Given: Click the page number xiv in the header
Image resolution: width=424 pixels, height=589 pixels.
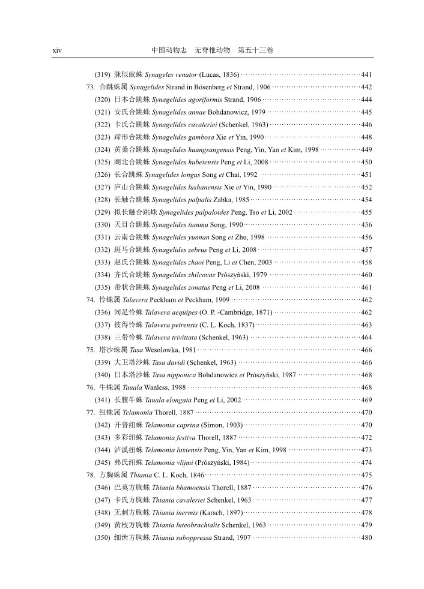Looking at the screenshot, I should (57, 50).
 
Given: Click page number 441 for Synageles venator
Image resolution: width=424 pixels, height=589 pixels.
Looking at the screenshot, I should (366, 74).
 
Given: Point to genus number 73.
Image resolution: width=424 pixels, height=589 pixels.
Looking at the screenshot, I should (91, 87).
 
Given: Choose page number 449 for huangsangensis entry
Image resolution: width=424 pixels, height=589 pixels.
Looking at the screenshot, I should (366, 149).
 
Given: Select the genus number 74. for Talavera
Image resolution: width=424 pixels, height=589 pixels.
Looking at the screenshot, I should (91, 300).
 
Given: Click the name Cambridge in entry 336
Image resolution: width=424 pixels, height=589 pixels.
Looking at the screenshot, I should (252, 312).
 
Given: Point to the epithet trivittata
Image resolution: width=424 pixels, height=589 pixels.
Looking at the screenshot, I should (180, 337).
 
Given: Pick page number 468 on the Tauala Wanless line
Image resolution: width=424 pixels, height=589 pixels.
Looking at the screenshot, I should (366, 387).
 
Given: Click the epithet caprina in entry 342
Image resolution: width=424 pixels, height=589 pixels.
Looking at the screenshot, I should (181, 425).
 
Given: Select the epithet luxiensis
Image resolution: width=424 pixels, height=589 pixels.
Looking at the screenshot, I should (186, 450).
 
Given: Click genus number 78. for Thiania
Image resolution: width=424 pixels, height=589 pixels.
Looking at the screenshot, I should (91, 475).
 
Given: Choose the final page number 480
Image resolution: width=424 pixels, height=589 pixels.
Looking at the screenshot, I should (366, 537).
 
